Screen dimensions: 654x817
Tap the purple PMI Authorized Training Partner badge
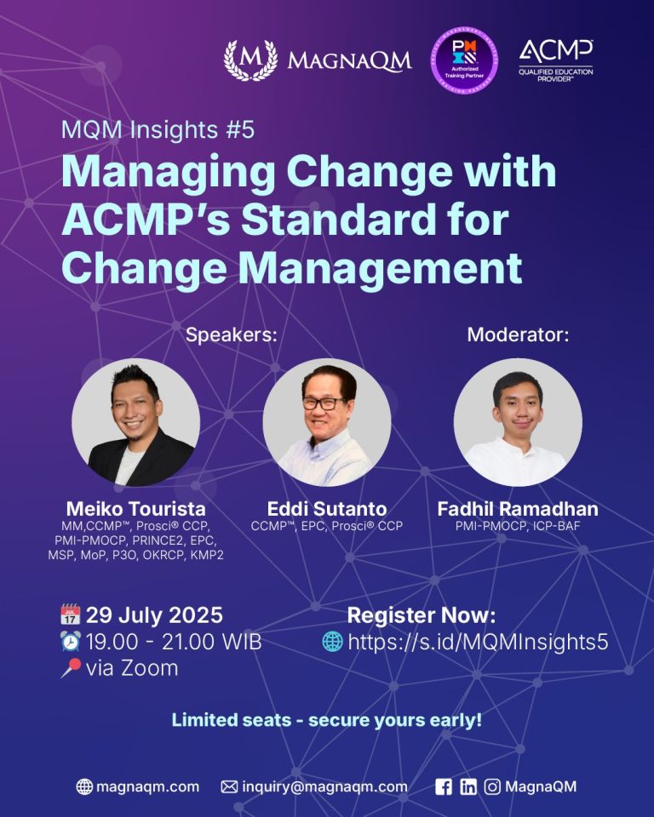click(x=464, y=60)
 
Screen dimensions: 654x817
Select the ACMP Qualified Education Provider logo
click(x=556, y=60)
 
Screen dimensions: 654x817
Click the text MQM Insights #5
click(x=158, y=129)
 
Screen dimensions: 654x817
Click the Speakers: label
click(x=232, y=334)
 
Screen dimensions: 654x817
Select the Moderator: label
click(x=518, y=334)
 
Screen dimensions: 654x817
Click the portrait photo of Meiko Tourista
click(x=135, y=423)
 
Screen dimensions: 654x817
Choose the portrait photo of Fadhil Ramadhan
click(x=518, y=423)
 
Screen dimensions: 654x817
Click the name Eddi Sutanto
click(x=327, y=509)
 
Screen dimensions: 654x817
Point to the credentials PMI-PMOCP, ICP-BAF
click(x=518, y=526)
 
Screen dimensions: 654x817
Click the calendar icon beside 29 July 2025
click(x=71, y=614)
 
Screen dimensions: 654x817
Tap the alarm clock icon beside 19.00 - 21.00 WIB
click(x=71, y=642)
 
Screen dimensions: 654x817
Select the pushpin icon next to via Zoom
click(x=71, y=668)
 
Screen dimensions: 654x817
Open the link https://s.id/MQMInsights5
click(x=478, y=642)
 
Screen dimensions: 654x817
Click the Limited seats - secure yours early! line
click(x=327, y=720)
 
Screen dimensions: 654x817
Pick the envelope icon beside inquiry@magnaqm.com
click(x=229, y=786)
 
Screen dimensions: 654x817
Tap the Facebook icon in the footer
click(x=444, y=786)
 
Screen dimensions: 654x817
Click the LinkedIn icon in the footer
click(x=468, y=786)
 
